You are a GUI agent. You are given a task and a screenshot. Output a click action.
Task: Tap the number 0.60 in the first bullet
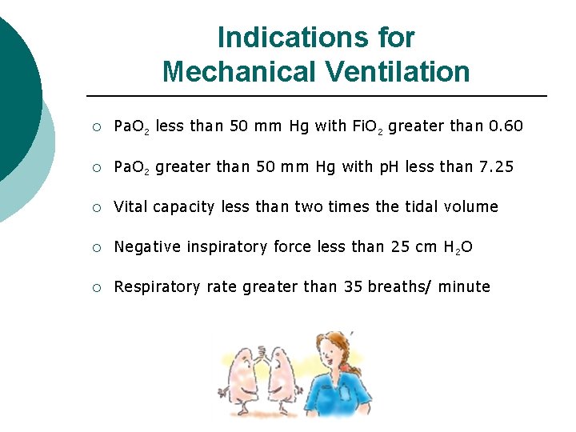[x=506, y=126]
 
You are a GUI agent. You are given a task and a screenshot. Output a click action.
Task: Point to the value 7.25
[x=495, y=166]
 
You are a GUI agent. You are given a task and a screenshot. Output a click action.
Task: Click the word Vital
[x=130, y=206]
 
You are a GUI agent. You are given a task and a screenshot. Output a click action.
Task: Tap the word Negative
[x=148, y=246]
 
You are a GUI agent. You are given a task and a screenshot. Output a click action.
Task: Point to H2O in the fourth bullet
[x=457, y=247]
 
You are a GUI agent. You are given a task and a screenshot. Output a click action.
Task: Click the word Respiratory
[x=156, y=287]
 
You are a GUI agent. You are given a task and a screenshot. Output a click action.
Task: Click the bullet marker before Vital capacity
[x=95, y=207]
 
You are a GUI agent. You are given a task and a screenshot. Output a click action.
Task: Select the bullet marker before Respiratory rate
[x=95, y=287]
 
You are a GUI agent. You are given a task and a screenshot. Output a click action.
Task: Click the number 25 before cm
[x=401, y=246]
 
